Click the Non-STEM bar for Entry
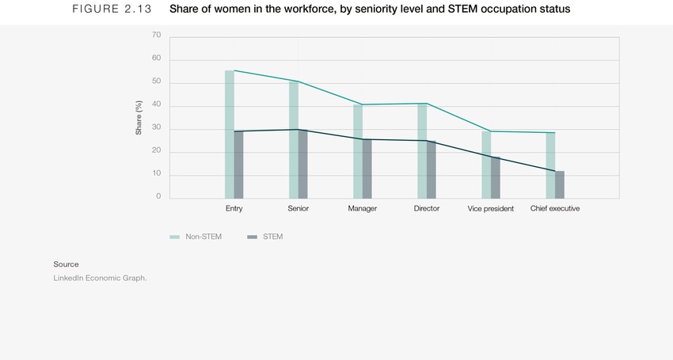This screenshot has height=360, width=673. pyautogui.click(x=230, y=135)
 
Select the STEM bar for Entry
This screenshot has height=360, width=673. pyautogui.click(x=238, y=165)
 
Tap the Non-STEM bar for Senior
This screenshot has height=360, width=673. pyautogui.click(x=294, y=140)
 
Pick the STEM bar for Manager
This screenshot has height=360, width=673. pyautogui.click(x=367, y=169)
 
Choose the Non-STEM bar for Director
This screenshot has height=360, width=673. pyautogui.click(x=422, y=151)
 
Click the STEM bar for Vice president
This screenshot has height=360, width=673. pyautogui.click(x=496, y=177)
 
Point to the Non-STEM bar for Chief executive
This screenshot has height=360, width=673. pyautogui.click(x=550, y=165)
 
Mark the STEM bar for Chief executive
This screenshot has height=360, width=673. pyautogui.click(x=560, y=184)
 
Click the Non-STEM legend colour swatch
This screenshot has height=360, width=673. pyautogui.click(x=175, y=237)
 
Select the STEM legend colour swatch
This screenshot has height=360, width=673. pyautogui.click(x=253, y=237)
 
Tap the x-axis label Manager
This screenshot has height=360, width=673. pyautogui.click(x=363, y=209)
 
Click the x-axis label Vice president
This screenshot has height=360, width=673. pyautogui.click(x=491, y=209)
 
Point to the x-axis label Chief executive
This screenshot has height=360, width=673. pyautogui.click(x=555, y=209)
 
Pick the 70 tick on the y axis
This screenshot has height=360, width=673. pyautogui.click(x=156, y=36)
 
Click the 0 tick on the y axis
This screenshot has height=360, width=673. pyautogui.click(x=158, y=197)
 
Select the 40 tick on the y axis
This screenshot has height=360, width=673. pyautogui.click(x=156, y=104)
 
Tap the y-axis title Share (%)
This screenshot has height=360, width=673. pyautogui.click(x=139, y=117)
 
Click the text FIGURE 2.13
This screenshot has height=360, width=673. pyautogui.click(x=111, y=9)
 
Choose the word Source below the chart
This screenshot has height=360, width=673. pyautogui.click(x=67, y=264)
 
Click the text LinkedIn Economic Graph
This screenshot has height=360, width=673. pyautogui.click(x=101, y=278)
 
